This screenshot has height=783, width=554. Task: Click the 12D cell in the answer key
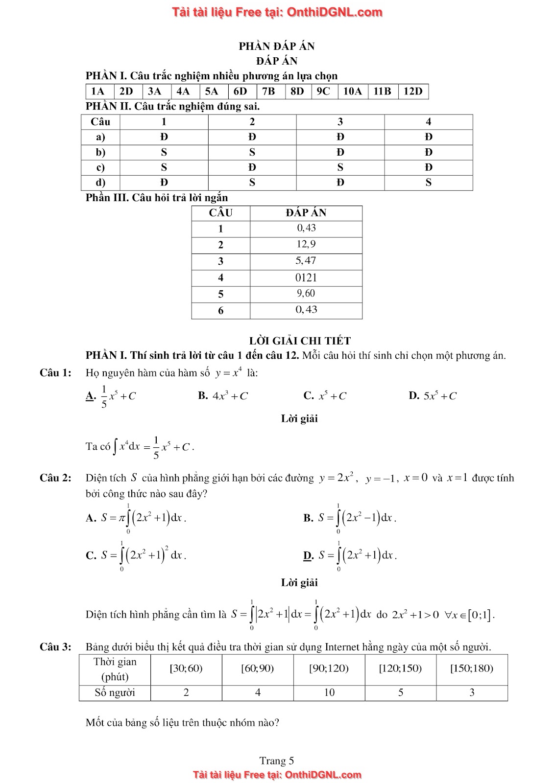(413, 92)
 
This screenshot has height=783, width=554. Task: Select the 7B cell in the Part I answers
(268, 92)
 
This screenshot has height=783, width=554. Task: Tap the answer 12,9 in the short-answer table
(306, 244)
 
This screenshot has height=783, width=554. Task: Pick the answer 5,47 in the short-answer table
(306, 261)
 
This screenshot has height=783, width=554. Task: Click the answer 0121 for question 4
(306, 277)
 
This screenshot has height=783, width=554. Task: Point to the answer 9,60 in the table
(306, 294)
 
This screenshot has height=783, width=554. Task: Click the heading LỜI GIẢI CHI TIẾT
(300, 341)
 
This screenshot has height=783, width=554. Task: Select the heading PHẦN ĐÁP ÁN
(277, 46)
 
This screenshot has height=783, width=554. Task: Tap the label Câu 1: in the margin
(55, 373)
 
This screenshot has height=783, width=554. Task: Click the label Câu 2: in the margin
(55, 478)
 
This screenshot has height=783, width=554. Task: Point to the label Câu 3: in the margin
(55, 647)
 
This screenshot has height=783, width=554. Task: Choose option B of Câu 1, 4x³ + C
(223, 396)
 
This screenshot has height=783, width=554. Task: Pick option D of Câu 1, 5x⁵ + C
(433, 396)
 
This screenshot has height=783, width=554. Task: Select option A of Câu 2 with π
(136, 518)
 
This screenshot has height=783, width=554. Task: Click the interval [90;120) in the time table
(329, 668)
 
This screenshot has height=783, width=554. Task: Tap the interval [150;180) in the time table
(472, 668)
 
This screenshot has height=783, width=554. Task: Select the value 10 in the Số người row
(329, 692)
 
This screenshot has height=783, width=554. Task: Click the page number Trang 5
(277, 760)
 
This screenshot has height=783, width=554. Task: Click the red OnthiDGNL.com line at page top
(277, 12)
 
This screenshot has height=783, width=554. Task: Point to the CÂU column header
(220, 213)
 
